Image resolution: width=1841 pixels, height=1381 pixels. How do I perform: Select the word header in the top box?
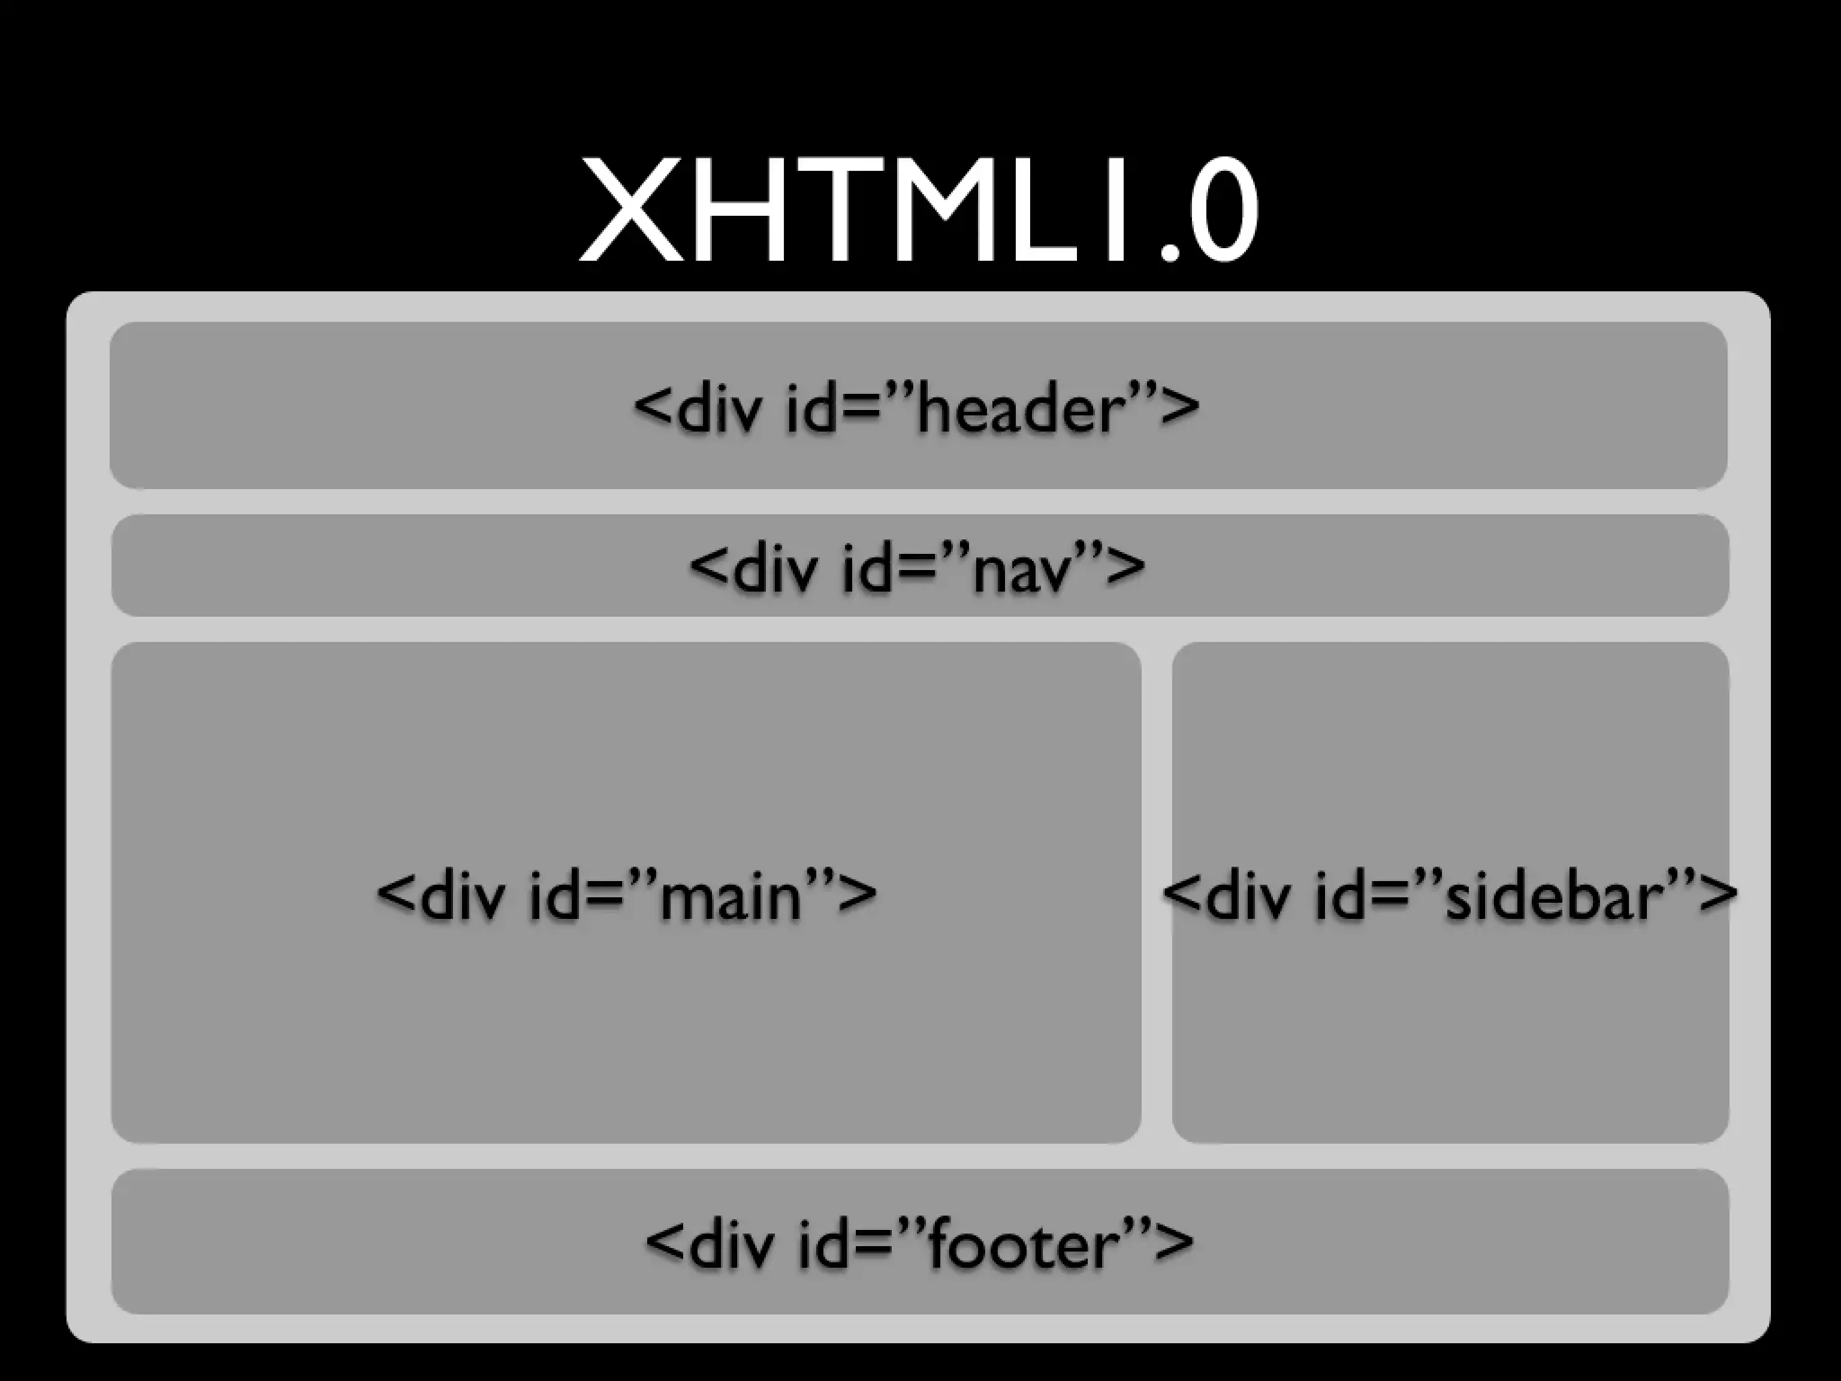pyautogui.click(x=1021, y=408)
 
